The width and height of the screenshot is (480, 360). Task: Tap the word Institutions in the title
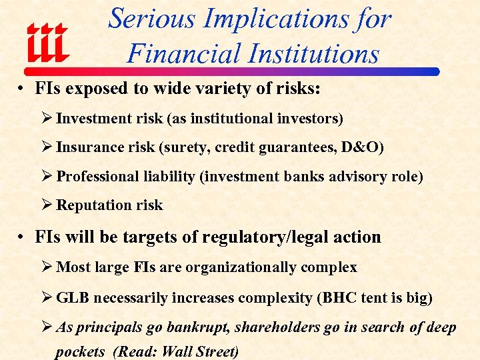(303, 53)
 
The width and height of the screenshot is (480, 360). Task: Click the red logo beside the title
(47, 43)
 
